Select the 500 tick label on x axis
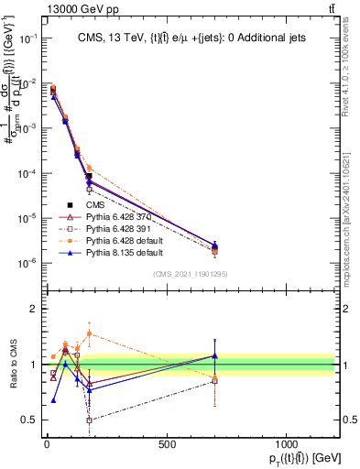click(167, 445)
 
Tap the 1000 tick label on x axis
click(287, 445)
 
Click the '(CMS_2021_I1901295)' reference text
click(189, 274)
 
